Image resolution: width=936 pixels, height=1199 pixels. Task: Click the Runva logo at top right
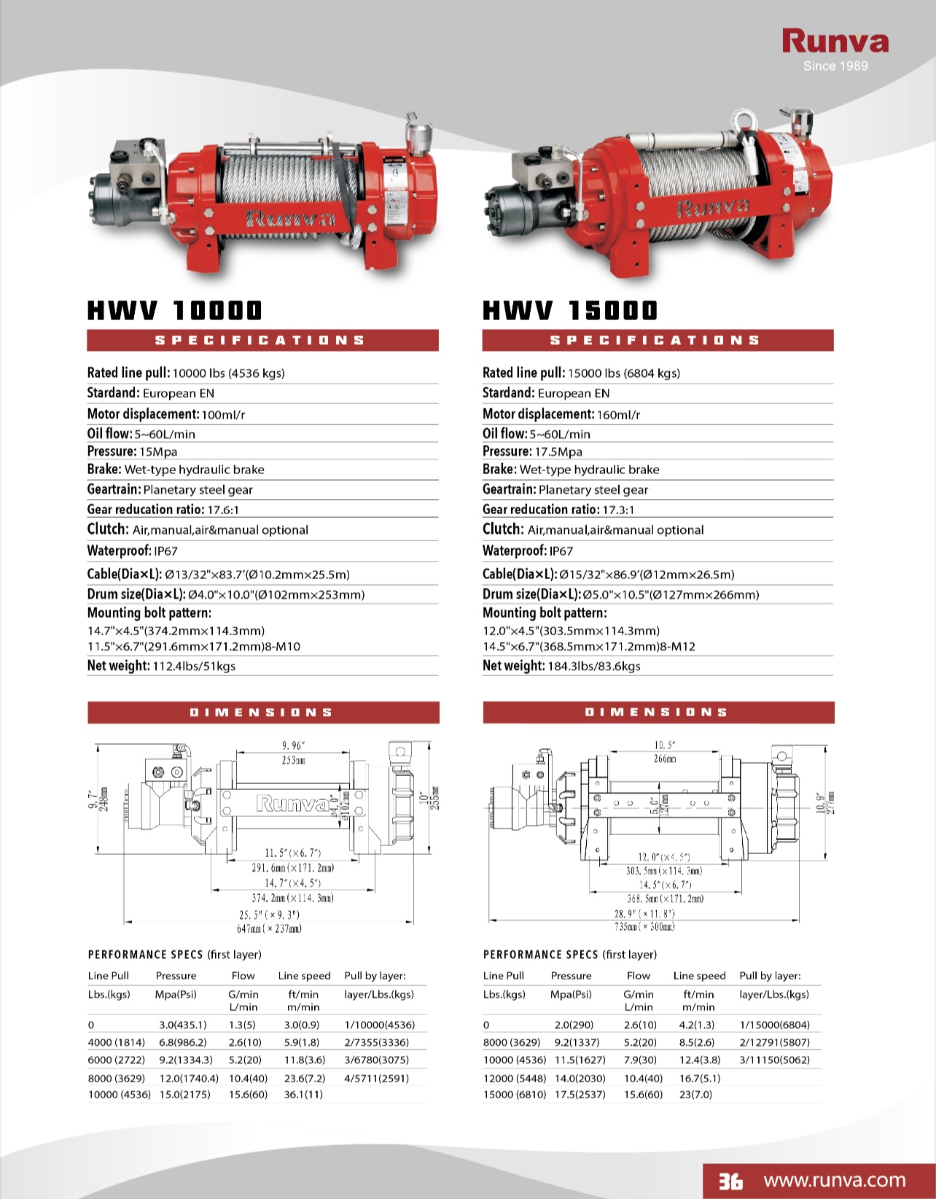tap(835, 42)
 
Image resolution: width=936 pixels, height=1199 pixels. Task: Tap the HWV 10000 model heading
tap(174, 311)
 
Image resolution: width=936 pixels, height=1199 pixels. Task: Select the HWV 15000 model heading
tap(570, 311)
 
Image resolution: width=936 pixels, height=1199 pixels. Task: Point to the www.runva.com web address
tap(835, 1180)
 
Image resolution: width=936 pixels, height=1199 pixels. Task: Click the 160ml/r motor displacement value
tap(618, 415)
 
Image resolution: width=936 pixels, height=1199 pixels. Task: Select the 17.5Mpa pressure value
tap(558, 452)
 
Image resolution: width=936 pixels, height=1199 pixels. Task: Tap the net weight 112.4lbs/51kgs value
tap(194, 667)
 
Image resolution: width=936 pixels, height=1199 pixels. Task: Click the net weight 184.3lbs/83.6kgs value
tap(594, 667)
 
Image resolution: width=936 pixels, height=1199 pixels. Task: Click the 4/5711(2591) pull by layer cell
tap(376, 1078)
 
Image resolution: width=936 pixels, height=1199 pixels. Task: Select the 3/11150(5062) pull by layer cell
tap(774, 1060)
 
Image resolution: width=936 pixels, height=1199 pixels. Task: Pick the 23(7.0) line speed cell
tap(695, 1094)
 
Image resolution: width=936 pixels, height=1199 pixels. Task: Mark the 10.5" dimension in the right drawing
tap(664, 745)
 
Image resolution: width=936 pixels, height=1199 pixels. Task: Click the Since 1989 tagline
tap(835, 66)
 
